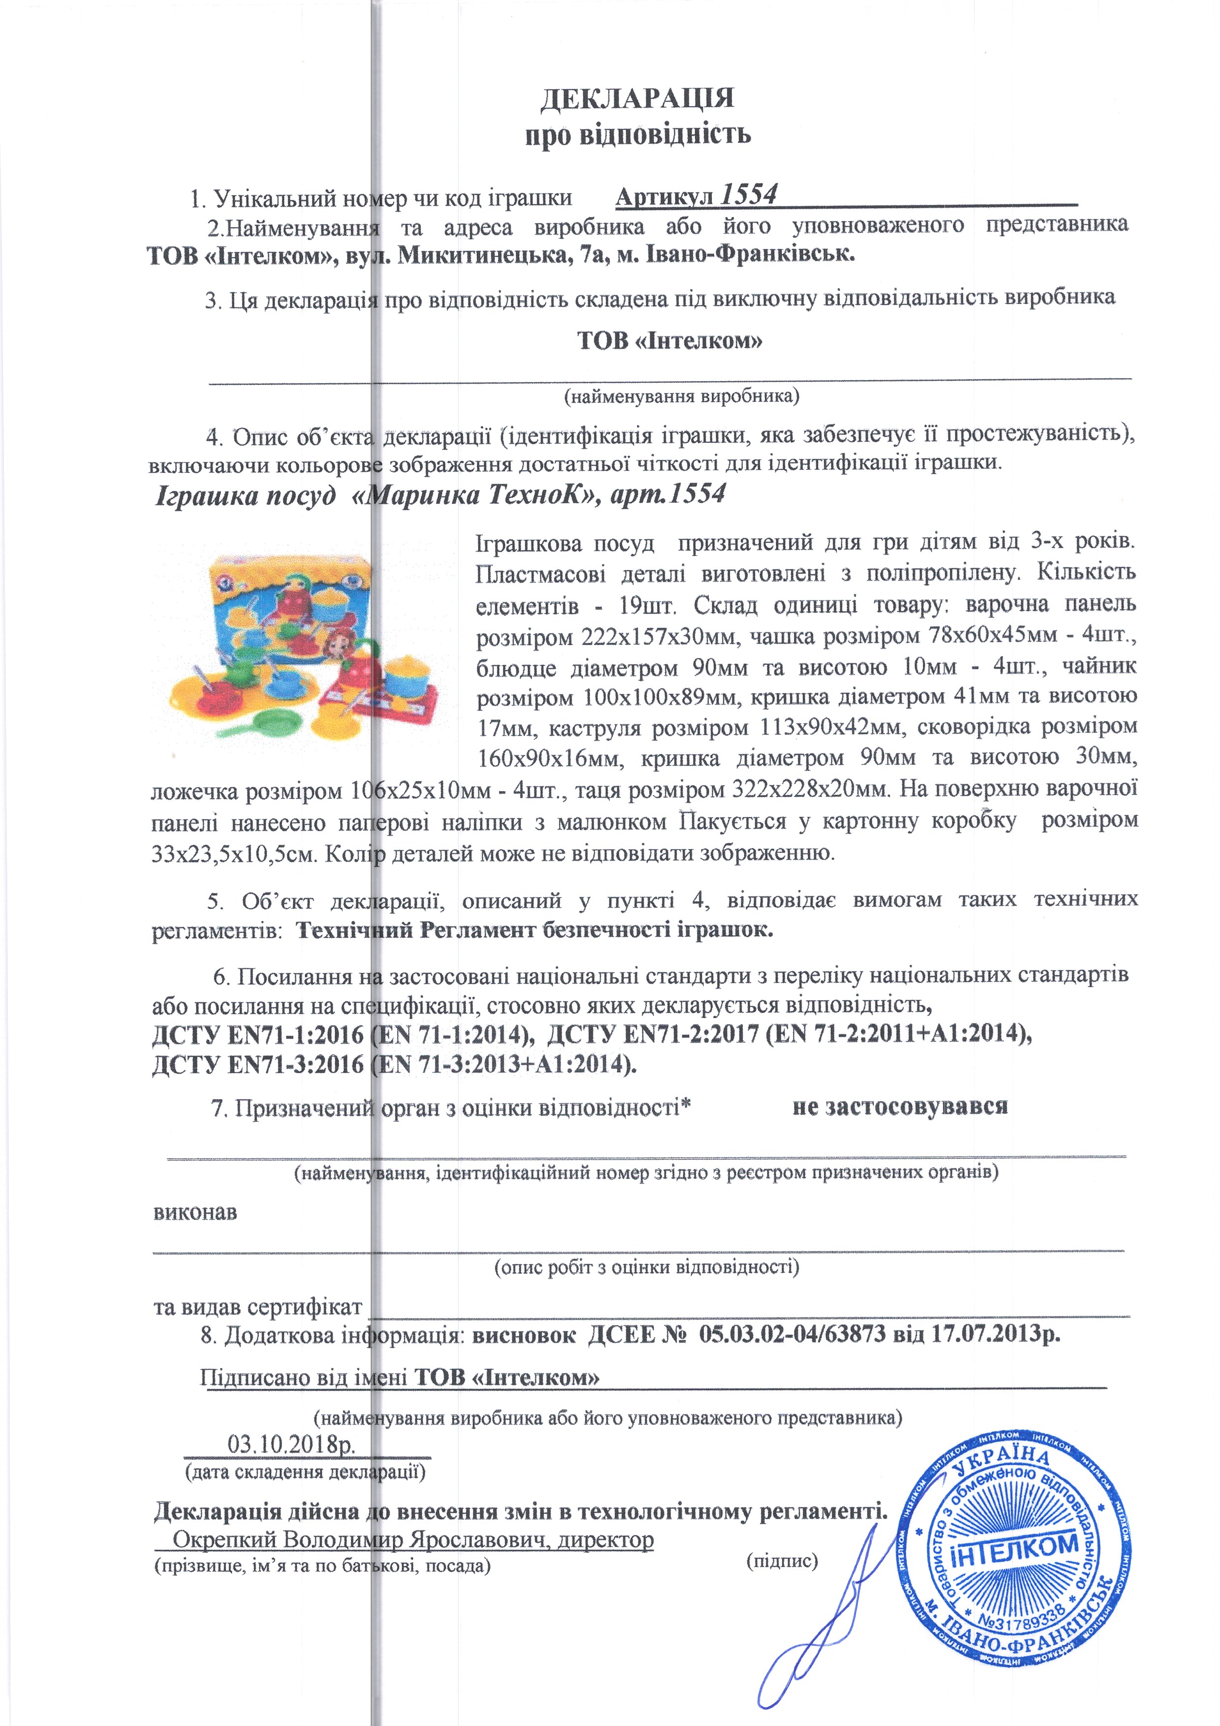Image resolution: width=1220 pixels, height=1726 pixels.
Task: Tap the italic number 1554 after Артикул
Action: [x=748, y=195]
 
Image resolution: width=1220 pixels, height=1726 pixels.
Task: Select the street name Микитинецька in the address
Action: [x=482, y=255]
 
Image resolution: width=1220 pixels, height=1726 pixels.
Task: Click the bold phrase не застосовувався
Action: [x=900, y=1107]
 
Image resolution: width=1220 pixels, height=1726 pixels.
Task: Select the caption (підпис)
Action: [x=782, y=1561]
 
